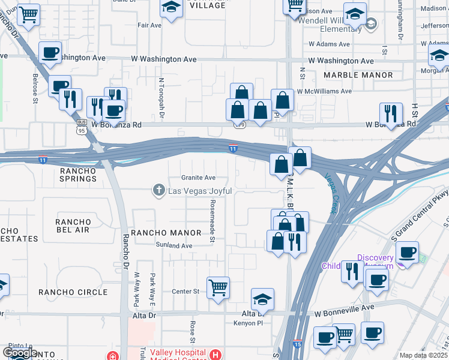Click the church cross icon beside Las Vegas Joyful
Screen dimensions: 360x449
coord(159,191)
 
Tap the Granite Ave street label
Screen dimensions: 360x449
coord(198,178)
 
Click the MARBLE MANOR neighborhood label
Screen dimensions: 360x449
coord(358,76)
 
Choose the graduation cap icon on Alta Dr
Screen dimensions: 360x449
coord(262,298)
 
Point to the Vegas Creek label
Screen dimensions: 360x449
coord(331,193)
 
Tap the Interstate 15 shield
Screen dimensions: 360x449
coord(297,344)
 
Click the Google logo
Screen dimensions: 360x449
coord(20,353)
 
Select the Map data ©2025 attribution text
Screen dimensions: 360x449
coord(424,355)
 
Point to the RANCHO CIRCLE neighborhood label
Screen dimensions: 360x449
coord(73,292)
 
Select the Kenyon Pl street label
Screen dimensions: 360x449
coord(249,323)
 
